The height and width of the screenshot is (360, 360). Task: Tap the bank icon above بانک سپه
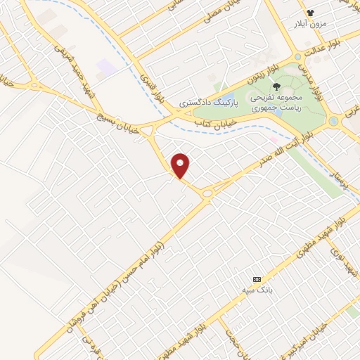click(257, 278)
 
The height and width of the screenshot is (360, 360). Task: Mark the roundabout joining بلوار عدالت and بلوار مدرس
click(298, 55)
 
